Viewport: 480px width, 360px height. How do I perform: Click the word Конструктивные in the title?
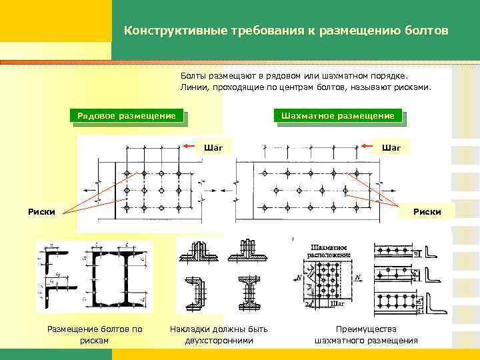165,31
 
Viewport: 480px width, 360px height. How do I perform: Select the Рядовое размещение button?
126,115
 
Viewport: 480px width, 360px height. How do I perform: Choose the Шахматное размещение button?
337,115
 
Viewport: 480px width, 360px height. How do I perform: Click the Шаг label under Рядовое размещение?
213,146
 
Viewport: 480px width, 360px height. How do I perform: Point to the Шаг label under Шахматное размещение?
391,146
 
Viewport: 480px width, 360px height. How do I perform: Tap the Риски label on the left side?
41,212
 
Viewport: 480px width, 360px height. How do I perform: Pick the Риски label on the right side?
427,212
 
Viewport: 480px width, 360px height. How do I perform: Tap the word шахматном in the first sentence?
339,76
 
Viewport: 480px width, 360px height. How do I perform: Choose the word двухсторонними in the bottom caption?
219,341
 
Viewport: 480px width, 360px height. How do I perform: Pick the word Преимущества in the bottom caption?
366,329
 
